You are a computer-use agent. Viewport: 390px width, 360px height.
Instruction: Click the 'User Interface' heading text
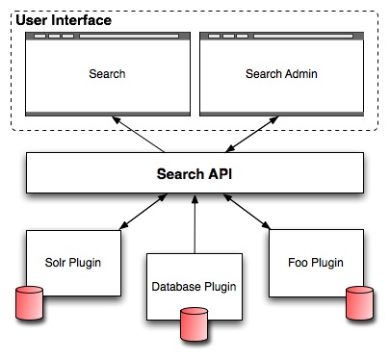(64, 20)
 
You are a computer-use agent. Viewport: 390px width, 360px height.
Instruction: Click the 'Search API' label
(195, 174)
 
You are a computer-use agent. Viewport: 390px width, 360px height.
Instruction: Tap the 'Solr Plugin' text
(73, 263)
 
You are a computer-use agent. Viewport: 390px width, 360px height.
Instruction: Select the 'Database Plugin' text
(194, 287)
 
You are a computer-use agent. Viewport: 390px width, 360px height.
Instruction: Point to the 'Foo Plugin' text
(316, 263)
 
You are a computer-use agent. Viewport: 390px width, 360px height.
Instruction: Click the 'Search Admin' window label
(281, 74)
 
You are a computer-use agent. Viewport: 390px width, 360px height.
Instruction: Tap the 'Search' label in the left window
(107, 74)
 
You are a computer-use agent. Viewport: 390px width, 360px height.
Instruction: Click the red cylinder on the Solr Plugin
(29, 303)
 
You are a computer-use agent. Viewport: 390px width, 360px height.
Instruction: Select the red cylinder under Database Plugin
(194, 324)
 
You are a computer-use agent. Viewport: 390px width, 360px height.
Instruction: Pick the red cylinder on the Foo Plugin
(359, 303)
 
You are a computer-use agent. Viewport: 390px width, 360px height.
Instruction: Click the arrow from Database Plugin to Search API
(195, 223)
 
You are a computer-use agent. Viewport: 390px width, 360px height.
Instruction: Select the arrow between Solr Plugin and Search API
(143, 212)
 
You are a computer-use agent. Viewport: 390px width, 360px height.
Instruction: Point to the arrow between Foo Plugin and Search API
(247, 212)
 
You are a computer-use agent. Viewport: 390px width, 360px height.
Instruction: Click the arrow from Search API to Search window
(139, 135)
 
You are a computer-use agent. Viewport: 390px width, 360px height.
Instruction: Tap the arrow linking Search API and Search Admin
(252, 134)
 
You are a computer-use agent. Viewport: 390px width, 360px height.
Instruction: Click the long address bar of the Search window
(129, 36)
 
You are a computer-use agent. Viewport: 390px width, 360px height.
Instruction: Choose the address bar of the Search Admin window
(303, 36)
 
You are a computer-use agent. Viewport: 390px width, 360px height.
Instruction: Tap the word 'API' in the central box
(221, 174)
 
